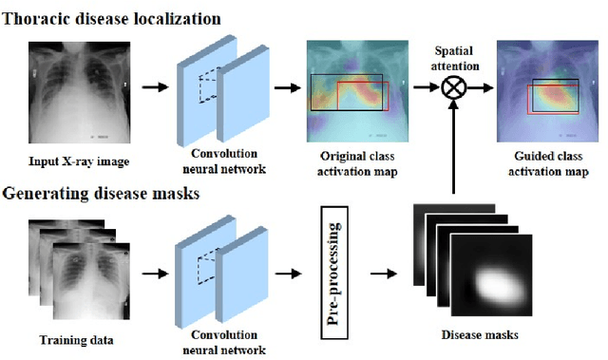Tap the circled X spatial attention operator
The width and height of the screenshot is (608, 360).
pyautogui.click(x=454, y=88)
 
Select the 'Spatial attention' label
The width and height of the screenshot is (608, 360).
pyautogui.click(x=453, y=58)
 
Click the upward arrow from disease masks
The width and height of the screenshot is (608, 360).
pyautogui.click(x=455, y=147)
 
